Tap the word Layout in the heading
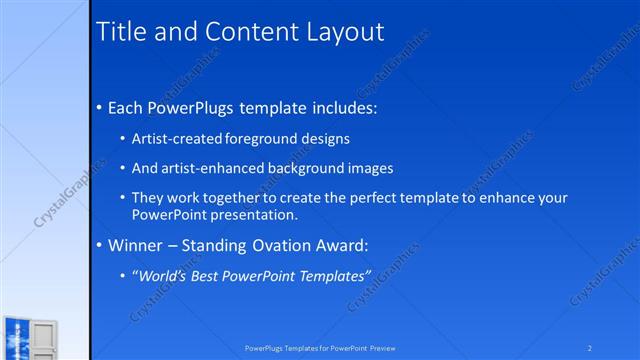point(343,31)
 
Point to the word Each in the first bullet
point(127,107)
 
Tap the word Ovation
point(282,245)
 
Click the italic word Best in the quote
point(208,275)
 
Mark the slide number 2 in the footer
point(590,348)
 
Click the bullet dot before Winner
point(99,245)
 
